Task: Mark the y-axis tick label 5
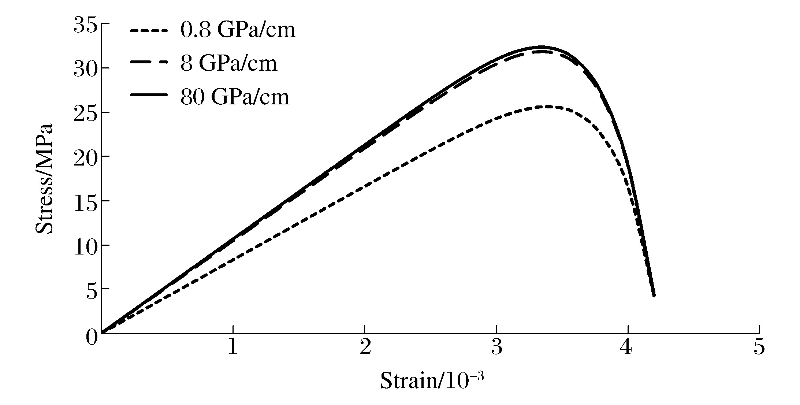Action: coord(92,289)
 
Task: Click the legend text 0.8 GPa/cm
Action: coord(238,30)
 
